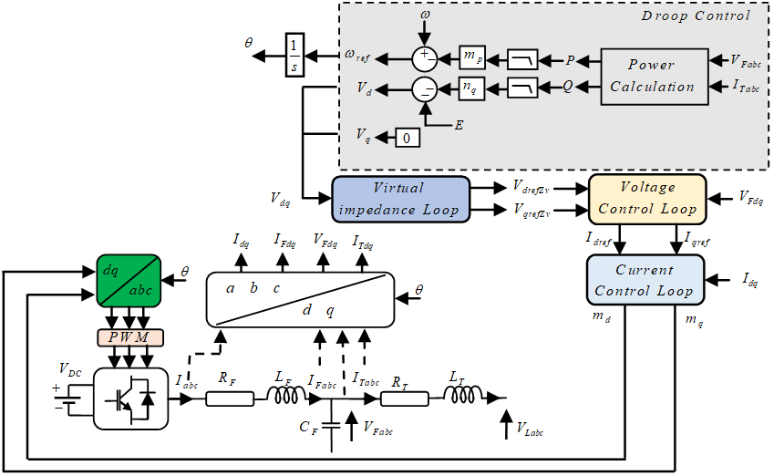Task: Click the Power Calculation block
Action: click(653, 75)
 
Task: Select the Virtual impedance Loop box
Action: click(400, 199)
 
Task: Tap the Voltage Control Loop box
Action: click(647, 199)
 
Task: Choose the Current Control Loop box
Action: click(645, 280)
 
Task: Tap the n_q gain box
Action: click(471, 88)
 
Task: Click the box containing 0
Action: click(407, 138)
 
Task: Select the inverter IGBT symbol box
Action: click(130, 399)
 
